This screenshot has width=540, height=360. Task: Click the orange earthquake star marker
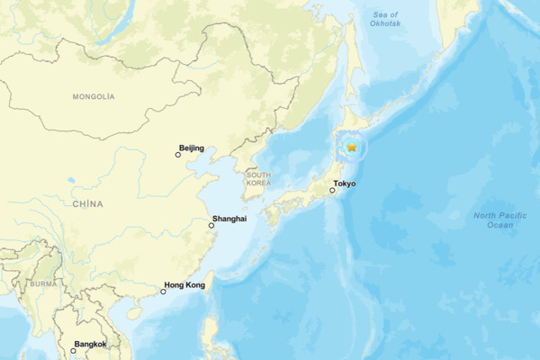click(352, 148)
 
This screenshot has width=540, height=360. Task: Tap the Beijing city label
click(192, 148)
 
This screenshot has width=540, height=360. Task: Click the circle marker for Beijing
click(178, 155)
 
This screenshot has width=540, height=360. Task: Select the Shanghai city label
click(228, 219)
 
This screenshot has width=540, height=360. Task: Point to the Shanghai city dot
click(212, 226)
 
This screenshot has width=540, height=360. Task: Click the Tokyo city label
click(345, 184)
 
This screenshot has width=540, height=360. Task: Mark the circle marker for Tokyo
click(333, 191)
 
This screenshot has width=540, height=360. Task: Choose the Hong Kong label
click(184, 285)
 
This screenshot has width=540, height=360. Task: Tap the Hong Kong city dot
click(163, 292)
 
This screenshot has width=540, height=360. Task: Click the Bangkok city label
click(91, 344)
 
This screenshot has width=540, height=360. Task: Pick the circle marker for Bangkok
click(74, 351)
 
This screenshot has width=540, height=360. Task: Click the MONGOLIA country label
click(94, 95)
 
